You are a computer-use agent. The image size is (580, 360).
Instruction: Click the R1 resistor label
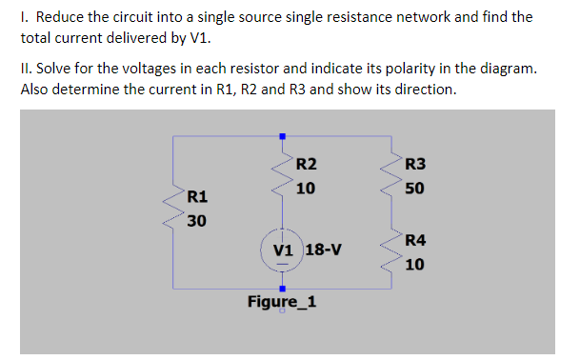197,198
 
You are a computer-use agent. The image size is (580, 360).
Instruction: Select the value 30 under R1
197,221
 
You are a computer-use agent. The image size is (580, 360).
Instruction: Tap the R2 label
306,164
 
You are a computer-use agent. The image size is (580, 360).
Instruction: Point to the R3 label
415,164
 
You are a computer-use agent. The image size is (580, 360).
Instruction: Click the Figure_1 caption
282,302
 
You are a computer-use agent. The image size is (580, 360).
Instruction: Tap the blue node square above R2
281,136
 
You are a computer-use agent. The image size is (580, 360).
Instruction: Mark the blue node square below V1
281,286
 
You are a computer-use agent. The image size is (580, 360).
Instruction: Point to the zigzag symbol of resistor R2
281,175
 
